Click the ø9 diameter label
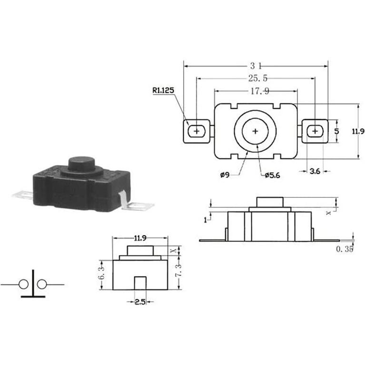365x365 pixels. (225, 175)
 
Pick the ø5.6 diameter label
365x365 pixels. (272, 175)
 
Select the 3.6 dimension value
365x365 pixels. (315, 171)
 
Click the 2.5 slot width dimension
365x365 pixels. (139, 301)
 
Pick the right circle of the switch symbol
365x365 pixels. (42, 285)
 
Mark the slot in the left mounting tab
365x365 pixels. (196, 130)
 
